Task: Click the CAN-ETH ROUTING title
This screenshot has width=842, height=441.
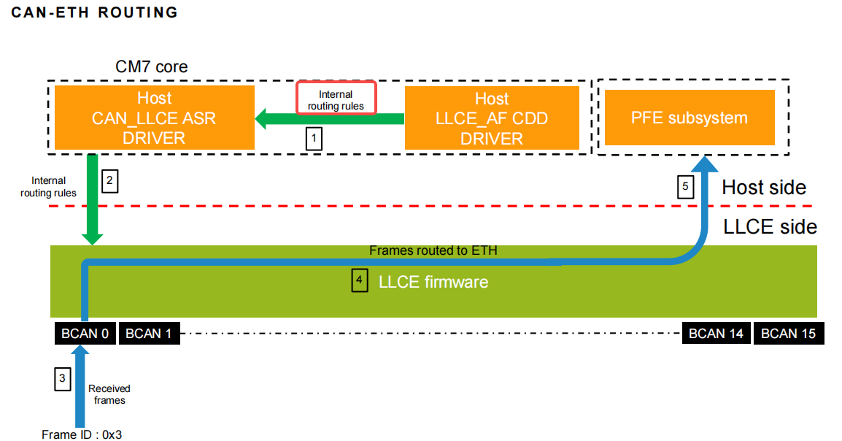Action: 95,12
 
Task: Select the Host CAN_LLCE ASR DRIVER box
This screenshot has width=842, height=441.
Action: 154,118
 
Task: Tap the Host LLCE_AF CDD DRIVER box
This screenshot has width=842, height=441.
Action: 492,118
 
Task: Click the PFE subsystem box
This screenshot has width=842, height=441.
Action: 689,118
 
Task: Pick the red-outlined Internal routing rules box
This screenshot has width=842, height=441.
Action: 336,98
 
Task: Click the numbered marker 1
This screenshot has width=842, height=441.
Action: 313,138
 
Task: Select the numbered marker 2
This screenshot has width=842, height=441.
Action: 109,181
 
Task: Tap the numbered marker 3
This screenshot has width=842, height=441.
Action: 63,378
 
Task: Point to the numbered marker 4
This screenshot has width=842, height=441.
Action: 359,281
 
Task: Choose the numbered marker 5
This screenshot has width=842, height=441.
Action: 684,188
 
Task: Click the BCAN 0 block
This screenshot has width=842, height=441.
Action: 85,334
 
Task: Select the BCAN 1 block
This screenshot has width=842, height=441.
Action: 149,334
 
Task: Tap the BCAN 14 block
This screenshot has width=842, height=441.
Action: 716,334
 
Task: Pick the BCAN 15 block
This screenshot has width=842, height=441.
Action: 788,334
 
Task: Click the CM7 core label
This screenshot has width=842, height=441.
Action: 152,66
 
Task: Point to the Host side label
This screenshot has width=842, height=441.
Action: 764,188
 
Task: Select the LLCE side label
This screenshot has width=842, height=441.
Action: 770,227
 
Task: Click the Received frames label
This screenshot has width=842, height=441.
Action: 109,394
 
